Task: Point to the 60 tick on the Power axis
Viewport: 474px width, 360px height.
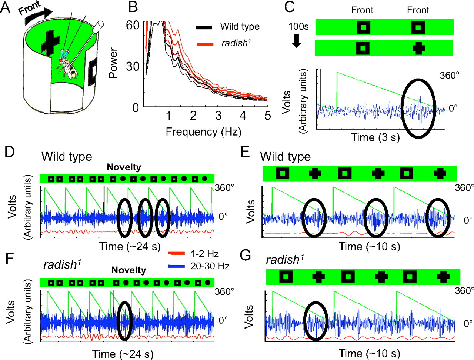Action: pos(132,25)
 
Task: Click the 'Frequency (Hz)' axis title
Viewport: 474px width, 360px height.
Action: pos(203,132)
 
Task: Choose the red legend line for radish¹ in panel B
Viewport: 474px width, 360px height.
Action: pos(204,44)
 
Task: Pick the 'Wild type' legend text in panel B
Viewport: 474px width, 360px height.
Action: pos(240,27)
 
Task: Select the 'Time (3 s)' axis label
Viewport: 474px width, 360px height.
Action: pos(375,137)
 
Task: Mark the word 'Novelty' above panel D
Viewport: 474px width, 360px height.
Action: pos(124,167)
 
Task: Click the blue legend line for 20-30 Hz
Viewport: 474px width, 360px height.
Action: pos(177,266)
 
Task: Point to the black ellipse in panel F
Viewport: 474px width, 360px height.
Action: pos(124,321)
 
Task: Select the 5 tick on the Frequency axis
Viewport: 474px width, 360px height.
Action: pos(267,116)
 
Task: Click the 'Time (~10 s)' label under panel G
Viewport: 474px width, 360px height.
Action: pos(370,353)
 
